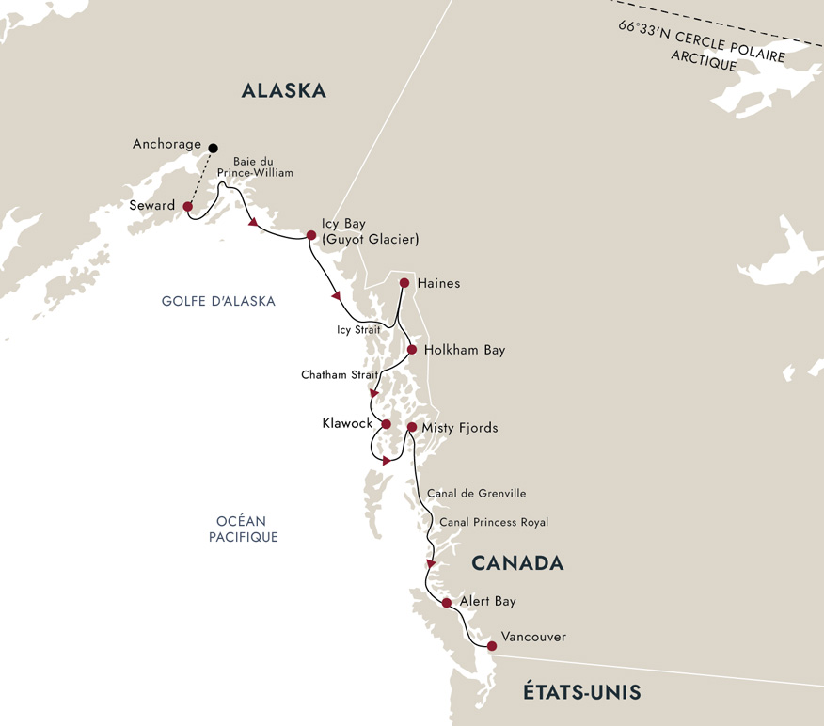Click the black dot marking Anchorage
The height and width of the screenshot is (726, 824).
coord(213,148)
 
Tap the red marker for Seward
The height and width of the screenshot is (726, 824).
coord(188,206)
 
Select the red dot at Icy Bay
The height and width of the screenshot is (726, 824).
coord(311,236)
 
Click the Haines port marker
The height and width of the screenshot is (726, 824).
coord(404,282)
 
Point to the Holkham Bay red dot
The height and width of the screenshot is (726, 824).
coord(412,349)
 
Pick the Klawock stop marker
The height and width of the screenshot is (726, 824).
coord(386,424)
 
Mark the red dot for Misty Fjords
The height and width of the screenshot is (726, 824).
coord(412,427)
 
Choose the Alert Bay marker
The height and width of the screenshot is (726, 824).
coord(447,602)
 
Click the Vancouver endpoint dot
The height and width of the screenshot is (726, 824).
coord(491,645)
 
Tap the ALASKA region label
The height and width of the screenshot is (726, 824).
coord(283,91)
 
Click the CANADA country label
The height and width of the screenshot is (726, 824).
coord(516,563)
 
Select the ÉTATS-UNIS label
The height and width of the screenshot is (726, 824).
coord(581,693)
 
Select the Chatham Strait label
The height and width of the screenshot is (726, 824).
coord(339,374)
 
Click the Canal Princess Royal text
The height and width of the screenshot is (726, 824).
coord(493,522)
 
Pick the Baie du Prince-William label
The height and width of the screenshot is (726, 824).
coord(255,167)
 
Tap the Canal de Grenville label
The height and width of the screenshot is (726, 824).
coord(476,493)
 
